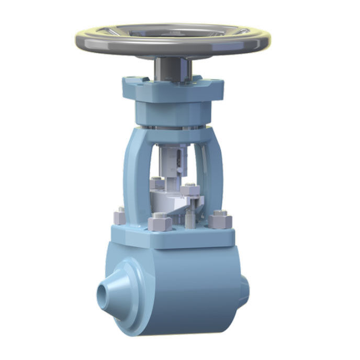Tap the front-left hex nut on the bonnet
[x=159, y=224]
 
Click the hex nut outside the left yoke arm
[x=120, y=215]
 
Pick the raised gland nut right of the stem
[x=189, y=189]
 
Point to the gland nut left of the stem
[x=157, y=184]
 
